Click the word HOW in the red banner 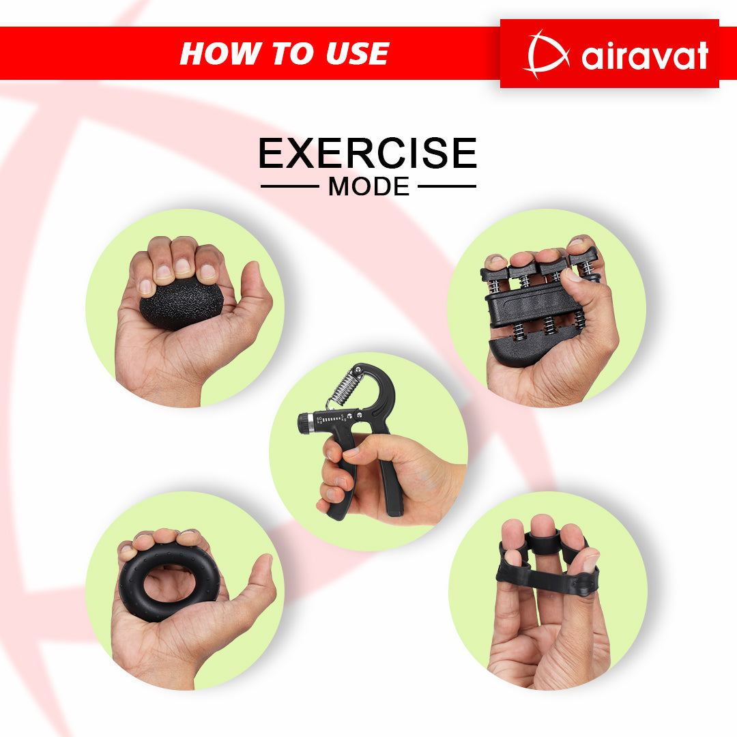click(221, 53)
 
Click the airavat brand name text click(644, 56)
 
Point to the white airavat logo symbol click(545, 54)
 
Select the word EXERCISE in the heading click(368, 153)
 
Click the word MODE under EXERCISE click(369, 186)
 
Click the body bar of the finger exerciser click(534, 305)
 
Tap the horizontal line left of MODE click(290, 186)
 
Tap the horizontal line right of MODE click(447, 186)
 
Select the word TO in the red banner click(293, 53)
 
